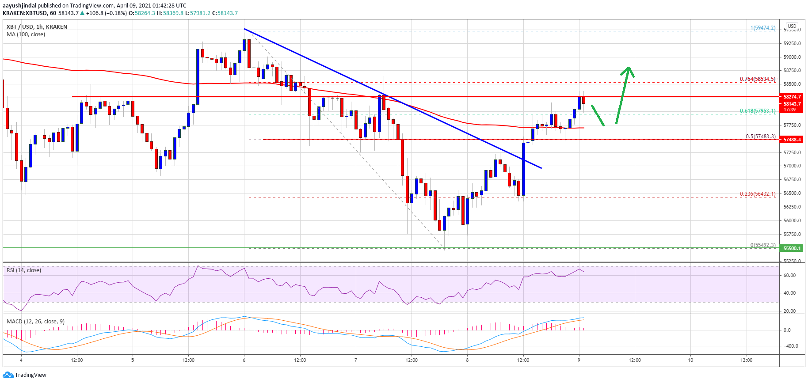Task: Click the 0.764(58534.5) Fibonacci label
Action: pos(757,79)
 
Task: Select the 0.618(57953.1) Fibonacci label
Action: pos(757,111)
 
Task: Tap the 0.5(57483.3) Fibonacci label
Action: pos(760,136)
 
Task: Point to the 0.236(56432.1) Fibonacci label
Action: pos(757,193)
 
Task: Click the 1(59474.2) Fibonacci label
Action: pos(762,28)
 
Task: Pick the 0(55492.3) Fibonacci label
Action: pos(762,245)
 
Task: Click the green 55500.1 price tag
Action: pos(792,248)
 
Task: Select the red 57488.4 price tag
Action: pos(792,140)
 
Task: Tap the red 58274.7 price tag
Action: pos(792,97)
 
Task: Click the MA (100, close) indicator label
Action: pos(26,34)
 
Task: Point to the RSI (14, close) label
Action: pos(24,270)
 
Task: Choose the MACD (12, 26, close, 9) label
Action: pos(35,321)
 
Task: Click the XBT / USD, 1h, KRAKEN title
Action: pos(37,27)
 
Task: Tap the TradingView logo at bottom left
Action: pos(25,375)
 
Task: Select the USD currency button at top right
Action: pos(792,26)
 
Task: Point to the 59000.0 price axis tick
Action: pos(792,57)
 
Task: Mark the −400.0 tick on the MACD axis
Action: pos(791,346)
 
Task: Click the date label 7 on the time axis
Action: pos(356,360)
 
